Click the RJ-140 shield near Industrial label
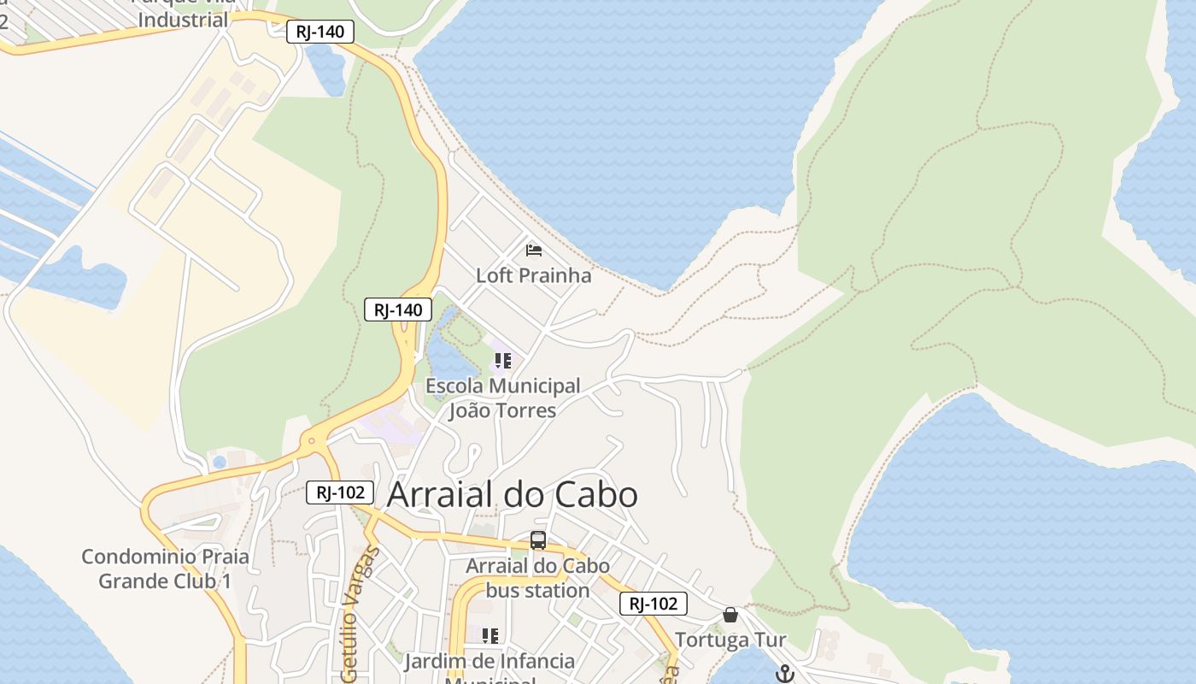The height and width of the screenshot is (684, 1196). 320,32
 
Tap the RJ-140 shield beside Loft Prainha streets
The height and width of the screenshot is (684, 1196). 398,310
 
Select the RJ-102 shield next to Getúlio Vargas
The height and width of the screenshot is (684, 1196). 340,492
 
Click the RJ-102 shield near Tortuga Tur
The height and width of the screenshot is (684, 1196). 654,604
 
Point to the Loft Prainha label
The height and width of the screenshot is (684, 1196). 534,275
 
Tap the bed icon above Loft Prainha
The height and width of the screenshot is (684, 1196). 534,251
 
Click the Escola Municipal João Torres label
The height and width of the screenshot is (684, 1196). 503,398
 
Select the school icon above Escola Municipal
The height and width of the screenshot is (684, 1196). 503,361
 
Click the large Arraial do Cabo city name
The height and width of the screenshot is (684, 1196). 513,495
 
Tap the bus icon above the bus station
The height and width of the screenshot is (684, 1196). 538,540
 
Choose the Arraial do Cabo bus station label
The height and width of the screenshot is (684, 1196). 538,578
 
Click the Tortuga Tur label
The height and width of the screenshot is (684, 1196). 730,640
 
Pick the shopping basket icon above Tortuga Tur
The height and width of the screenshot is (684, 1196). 730,615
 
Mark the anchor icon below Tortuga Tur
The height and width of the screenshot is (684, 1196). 784,674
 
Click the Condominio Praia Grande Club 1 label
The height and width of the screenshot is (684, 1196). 166,569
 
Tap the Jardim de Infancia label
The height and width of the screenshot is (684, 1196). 490,661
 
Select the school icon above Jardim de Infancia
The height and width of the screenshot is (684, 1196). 490,635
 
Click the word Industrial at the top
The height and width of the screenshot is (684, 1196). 183,21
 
